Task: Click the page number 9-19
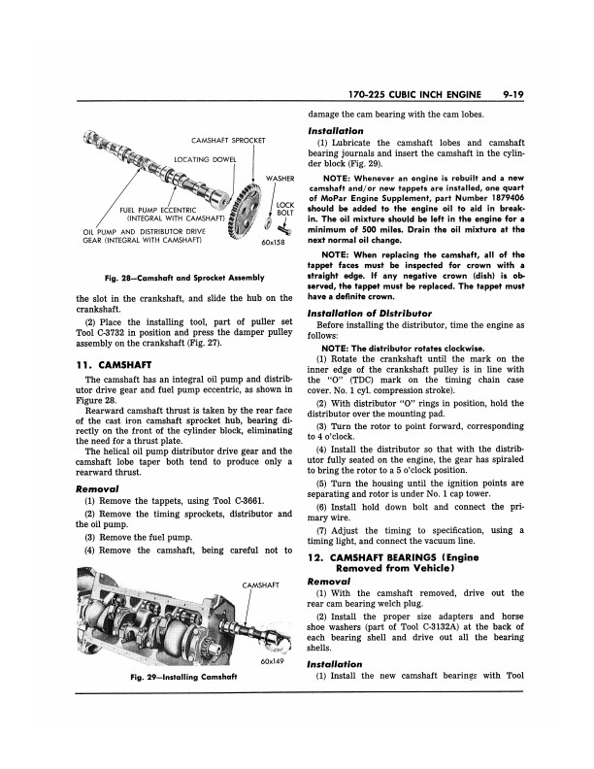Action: pyautogui.click(x=536, y=96)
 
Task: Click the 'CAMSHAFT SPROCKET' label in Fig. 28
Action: pyautogui.click(x=228, y=140)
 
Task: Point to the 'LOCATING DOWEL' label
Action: pyautogui.click(x=208, y=158)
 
